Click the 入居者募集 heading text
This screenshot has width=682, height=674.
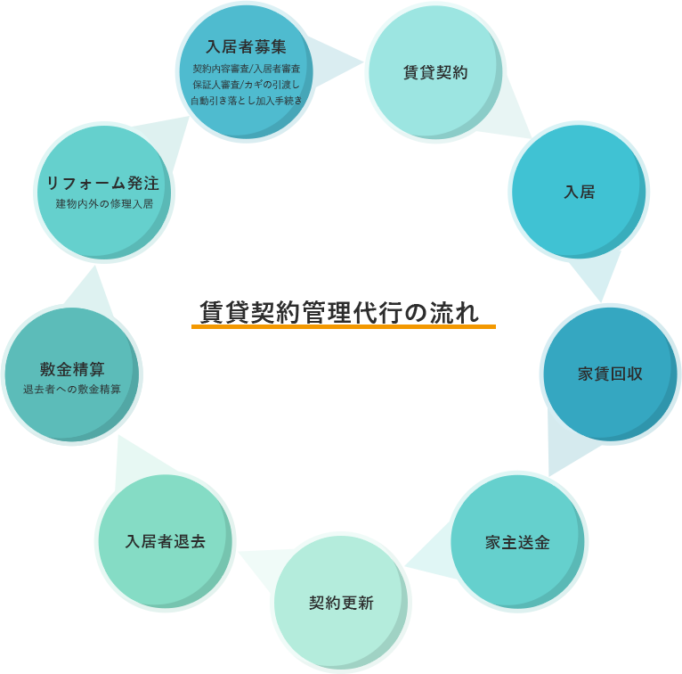coord(246,47)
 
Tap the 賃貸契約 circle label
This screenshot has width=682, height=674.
coord(435,72)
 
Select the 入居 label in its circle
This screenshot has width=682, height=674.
coord(579,192)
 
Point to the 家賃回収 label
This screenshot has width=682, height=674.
coord(610,374)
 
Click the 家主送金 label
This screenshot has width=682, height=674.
coord(517,542)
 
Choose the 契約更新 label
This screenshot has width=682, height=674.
coord(341,603)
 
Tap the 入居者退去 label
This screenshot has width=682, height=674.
coord(165,541)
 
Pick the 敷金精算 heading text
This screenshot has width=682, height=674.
coord(72,369)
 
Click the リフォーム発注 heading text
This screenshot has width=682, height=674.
coord(103,184)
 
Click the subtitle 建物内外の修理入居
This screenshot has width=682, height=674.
coord(104,204)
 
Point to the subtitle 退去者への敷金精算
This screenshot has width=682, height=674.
coord(72,390)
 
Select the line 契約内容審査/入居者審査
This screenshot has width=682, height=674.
coord(246,68)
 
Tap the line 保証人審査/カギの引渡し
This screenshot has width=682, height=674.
coord(246,84)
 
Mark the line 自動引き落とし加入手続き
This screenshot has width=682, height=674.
coord(246,101)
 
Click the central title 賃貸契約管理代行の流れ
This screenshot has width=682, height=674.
coord(340,311)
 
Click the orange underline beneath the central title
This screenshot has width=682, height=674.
coord(343,327)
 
